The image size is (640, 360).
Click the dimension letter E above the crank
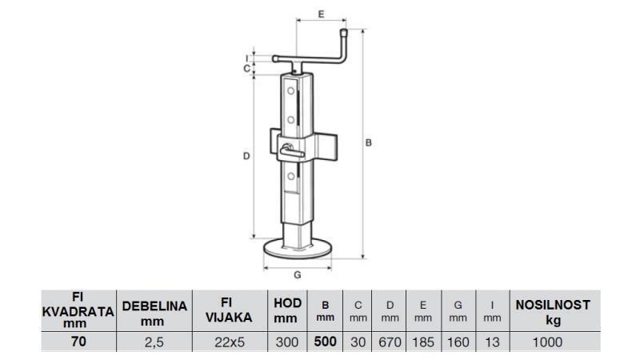320,14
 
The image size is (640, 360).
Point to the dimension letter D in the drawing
246,157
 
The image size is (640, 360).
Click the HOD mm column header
287,310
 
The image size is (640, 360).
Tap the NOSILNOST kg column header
552,310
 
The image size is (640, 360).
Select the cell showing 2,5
154,342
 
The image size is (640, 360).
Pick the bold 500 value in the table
326,342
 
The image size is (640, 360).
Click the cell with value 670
390,342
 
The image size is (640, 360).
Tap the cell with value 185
423,342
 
